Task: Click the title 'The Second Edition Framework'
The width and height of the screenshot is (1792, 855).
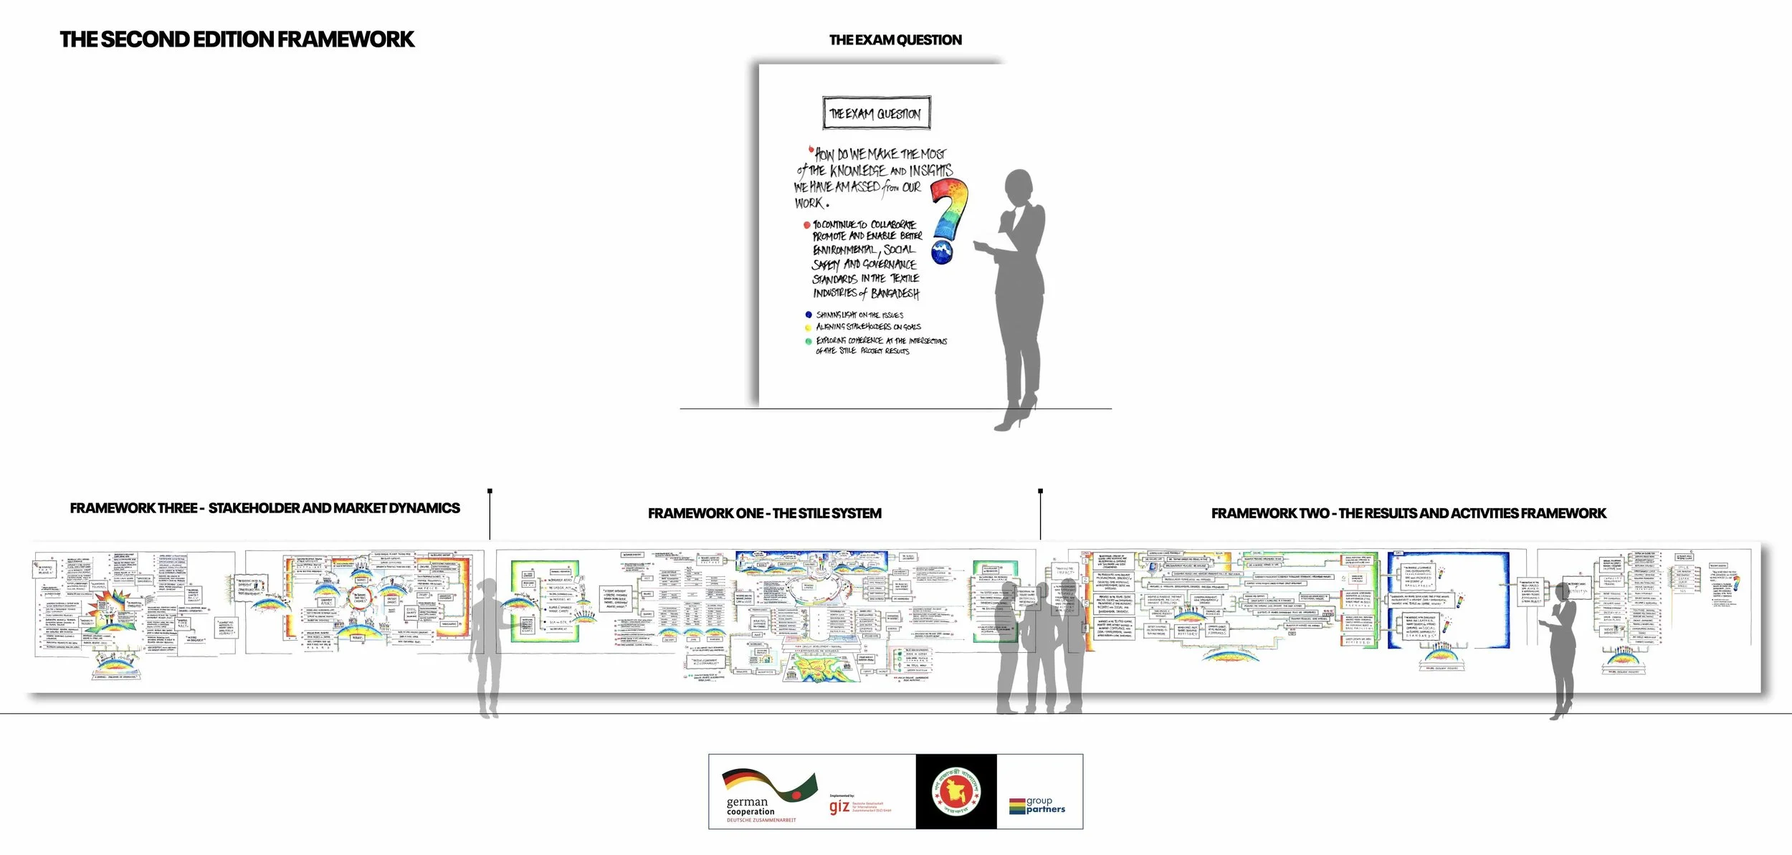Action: [x=237, y=39]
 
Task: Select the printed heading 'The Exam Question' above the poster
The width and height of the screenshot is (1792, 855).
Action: [x=895, y=40]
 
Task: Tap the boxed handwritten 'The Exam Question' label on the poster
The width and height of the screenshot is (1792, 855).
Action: [x=875, y=113]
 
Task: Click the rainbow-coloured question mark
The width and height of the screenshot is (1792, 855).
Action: [x=948, y=219]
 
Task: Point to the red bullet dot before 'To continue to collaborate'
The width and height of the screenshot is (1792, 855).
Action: [x=806, y=225]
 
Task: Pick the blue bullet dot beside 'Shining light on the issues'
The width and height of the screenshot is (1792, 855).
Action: [x=809, y=315]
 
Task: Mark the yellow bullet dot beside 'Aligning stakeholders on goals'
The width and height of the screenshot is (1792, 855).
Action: [x=809, y=328]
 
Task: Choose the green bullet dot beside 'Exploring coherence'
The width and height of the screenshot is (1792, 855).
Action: [x=809, y=342]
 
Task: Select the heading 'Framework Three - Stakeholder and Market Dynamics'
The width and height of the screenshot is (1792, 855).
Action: [x=264, y=508]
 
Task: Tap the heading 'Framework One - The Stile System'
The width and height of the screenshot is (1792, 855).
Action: [x=764, y=513]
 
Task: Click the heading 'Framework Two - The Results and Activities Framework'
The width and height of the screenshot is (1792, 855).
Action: [x=1408, y=513]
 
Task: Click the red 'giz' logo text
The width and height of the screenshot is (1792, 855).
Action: [x=839, y=806]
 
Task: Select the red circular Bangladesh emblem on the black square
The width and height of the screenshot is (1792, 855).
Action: [x=955, y=791]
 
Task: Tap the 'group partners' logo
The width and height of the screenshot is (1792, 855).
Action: [x=1037, y=805]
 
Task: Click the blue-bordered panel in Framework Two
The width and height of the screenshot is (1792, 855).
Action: [x=1448, y=600]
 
